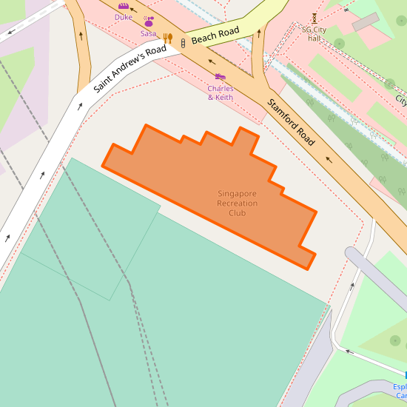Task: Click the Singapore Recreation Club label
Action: coord(238,203)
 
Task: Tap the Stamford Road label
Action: coord(292,122)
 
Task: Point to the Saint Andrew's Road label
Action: coord(129,69)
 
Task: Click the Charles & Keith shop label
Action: coord(221,93)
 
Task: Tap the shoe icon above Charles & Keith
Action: coord(220,76)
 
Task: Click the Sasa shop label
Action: coord(149,33)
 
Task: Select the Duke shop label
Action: coord(124,17)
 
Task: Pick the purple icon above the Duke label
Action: coord(124,7)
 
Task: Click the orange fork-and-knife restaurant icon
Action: coord(168,38)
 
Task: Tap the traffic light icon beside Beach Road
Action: coord(183,44)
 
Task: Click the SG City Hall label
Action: coord(314,34)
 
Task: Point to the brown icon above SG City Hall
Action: coord(314,18)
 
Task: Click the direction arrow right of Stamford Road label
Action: coord(329,158)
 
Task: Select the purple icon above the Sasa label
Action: coord(149,21)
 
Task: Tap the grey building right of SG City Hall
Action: coord(366,21)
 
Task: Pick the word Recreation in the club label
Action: coord(238,203)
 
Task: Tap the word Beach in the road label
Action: coord(203,38)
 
